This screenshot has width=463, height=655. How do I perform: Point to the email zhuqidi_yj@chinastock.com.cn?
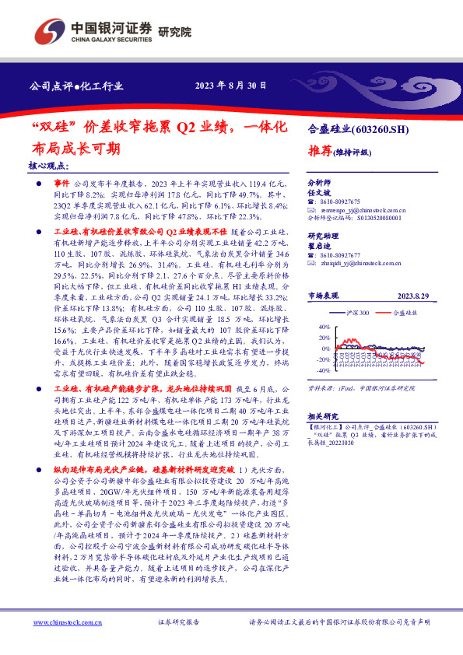[x=360, y=264]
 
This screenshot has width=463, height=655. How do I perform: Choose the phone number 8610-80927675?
[x=339, y=200]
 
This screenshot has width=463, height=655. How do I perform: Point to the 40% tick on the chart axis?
[x=325, y=327]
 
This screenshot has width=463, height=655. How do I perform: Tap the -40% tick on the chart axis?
[x=324, y=370]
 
